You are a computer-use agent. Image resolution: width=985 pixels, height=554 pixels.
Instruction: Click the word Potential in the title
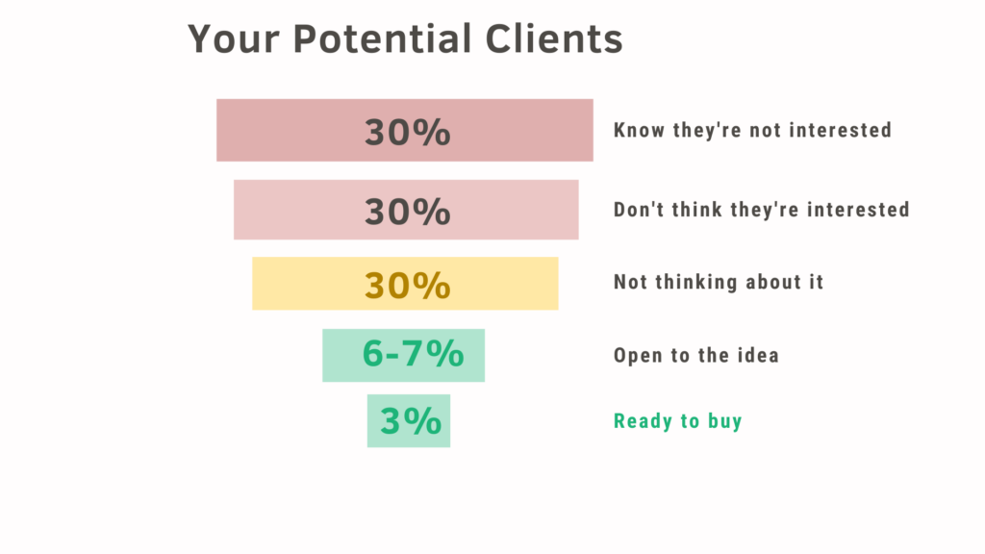tap(383, 38)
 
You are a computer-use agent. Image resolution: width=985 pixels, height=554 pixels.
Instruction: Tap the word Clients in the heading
tap(554, 38)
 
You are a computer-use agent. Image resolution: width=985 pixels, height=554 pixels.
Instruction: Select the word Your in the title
tap(233, 38)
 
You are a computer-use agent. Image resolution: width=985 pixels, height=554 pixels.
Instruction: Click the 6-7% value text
tap(413, 353)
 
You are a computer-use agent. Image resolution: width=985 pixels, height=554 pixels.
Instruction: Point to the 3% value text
tap(411, 421)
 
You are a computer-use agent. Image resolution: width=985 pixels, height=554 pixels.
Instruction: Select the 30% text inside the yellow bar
tap(408, 285)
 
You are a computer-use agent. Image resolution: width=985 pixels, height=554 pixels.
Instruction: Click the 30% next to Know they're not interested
tap(408, 132)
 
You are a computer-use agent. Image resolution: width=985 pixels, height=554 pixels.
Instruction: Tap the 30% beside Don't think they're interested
tap(408, 211)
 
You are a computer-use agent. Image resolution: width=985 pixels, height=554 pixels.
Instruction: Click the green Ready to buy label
tap(678, 421)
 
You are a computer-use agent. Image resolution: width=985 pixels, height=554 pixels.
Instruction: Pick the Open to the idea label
tap(696, 355)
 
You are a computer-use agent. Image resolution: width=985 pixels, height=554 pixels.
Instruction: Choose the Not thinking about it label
tap(718, 282)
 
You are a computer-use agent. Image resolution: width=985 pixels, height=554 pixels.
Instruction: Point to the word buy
tap(725, 421)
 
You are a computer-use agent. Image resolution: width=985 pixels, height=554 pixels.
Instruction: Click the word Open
tap(639, 356)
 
